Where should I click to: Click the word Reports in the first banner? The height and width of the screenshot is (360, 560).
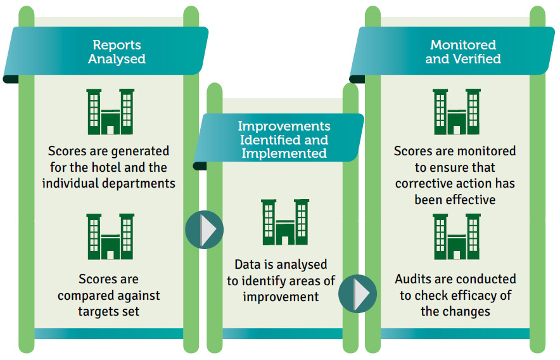117,46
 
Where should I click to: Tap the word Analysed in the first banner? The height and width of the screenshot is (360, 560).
117,59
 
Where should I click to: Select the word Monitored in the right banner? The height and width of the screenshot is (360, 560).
463,45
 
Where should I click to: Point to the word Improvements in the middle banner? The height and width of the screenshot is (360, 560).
284,126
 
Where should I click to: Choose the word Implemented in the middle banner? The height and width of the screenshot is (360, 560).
284,153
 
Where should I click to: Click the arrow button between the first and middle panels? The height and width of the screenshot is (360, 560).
204,229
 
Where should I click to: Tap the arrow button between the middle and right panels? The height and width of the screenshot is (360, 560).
357,293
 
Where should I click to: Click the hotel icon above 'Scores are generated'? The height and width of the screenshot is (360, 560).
110,112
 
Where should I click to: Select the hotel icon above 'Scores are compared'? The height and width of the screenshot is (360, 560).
110,236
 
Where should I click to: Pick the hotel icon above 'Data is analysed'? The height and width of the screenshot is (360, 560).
285,222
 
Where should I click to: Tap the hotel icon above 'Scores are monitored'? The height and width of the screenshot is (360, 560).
457,112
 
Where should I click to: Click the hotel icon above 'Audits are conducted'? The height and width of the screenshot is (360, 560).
457,236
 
